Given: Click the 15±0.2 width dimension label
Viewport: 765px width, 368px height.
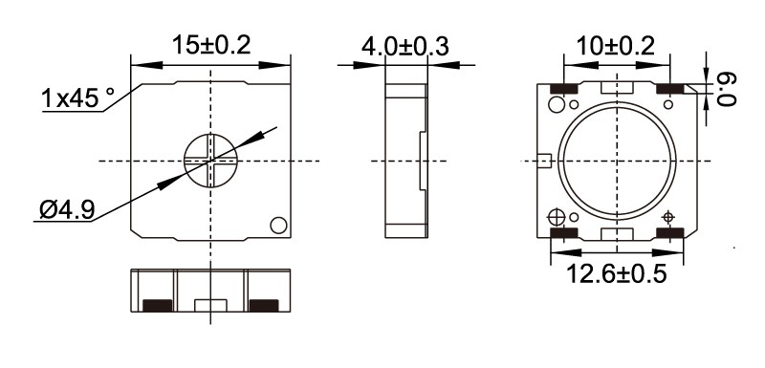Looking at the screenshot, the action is tap(210, 45).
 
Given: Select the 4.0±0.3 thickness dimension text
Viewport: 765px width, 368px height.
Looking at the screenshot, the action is tap(404, 47).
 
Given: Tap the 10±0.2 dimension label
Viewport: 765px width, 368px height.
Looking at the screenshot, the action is tap(615, 46).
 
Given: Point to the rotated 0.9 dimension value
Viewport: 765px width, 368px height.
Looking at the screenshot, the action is tap(727, 89).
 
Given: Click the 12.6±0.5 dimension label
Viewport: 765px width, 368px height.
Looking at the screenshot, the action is tap(616, 274).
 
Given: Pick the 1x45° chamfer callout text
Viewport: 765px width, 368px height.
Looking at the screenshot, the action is tap(78, 97).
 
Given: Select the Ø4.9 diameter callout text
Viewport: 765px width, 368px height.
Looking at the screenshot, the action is tap(67, 210).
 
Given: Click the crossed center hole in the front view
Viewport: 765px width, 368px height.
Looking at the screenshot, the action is tap(210, 161).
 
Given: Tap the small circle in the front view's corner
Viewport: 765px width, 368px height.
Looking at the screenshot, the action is tap(278, 226).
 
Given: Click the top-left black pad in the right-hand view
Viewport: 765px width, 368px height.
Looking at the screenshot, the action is tap(564, 89).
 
